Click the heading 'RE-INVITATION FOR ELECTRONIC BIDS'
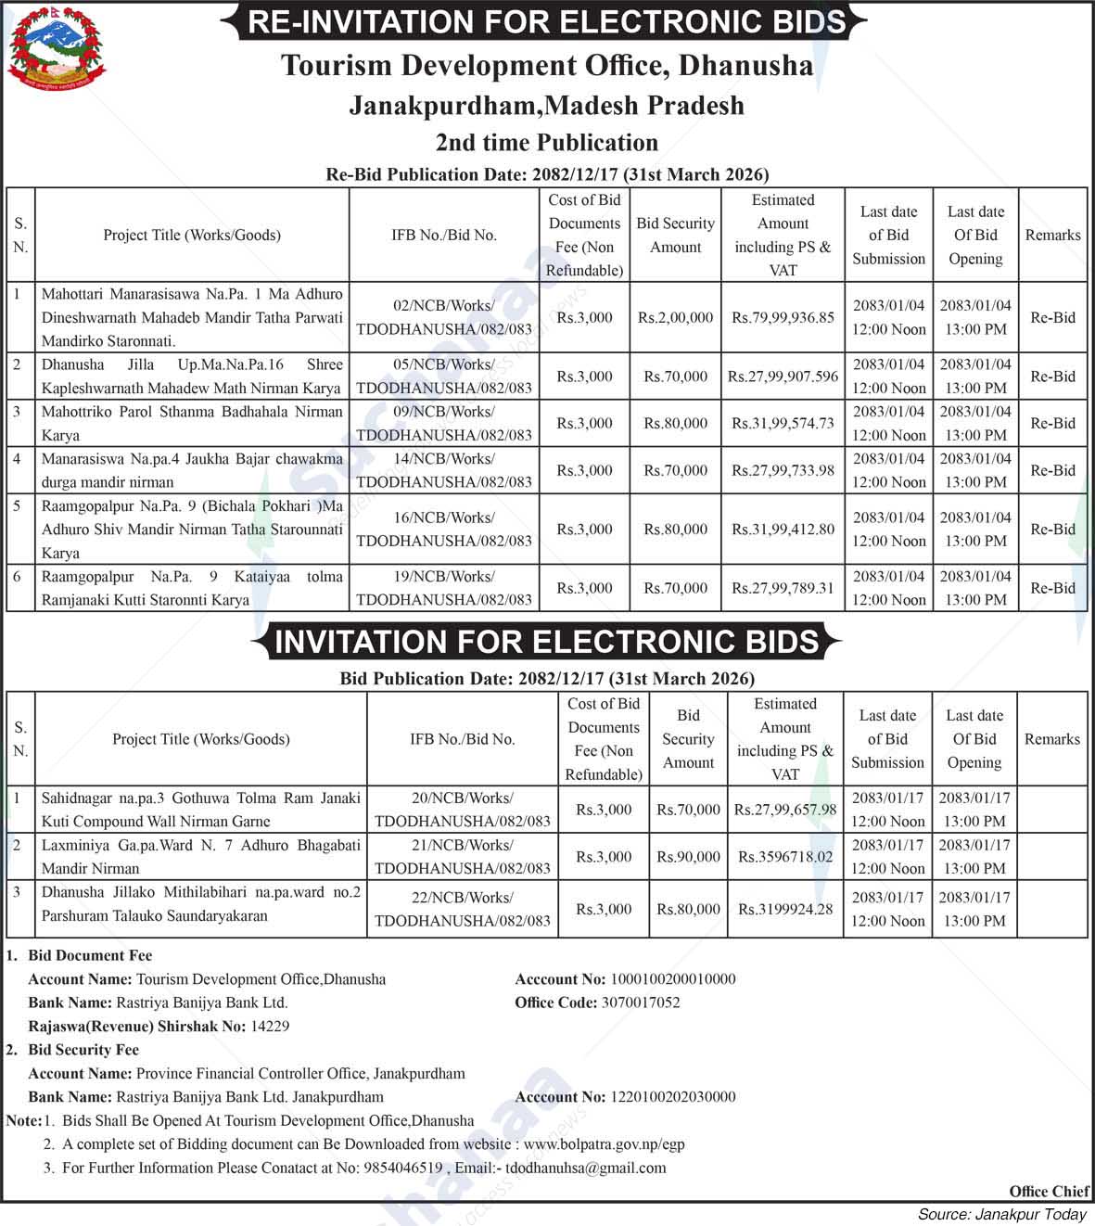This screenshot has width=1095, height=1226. (x=547, y=21)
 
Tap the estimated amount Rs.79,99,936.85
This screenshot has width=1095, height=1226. (x=783, y=317)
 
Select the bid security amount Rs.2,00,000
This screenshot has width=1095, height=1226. (x=675, y=317)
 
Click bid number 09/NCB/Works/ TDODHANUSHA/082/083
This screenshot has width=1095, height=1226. (x=444, y=423)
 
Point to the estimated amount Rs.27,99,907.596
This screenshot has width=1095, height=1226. (x=783, y=377)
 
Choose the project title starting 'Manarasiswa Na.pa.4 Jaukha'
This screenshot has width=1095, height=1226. (x=192, y=470)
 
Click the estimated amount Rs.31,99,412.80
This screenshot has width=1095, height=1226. (x=783, y=530)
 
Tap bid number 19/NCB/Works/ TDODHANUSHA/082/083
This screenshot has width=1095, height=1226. (x=444, y=588)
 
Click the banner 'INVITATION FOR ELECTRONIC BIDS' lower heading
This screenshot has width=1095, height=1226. (x=547, y=642)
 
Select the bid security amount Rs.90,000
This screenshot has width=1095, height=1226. (x=688, y=857)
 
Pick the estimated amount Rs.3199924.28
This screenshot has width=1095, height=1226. (x=785, y=909)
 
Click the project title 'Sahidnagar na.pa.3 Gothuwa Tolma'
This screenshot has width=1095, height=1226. (x=200, y=810)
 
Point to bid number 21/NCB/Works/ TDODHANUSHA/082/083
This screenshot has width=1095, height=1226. (x=462, y=857)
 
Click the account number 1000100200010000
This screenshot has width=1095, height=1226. (x=672, y=979)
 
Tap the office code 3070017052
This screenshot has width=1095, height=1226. (x=640, y=1003)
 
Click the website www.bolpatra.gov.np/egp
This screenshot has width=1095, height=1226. (x=604, y=1144)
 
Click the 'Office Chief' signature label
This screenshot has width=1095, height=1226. (x=1049, y=1192)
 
